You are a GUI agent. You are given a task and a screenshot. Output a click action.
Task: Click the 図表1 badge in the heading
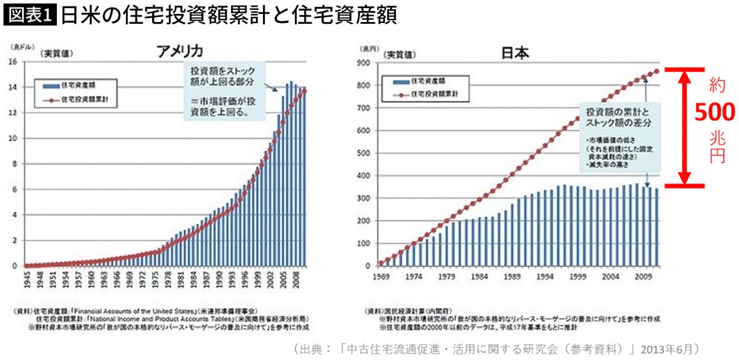pos(30,15)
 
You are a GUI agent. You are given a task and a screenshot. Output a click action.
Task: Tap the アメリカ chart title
pos(180,52)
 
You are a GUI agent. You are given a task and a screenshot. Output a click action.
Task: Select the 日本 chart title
pos(515,53)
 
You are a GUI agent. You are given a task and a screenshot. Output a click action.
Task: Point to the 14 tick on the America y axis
pos(13,87)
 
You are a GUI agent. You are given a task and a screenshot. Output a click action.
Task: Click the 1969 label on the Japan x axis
pos(380,277)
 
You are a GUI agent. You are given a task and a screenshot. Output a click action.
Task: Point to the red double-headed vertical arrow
pos(684,127)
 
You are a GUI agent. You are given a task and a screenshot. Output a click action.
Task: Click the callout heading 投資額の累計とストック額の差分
pos(618,117)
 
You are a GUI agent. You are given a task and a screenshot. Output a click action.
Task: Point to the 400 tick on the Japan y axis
pos(365,175)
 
